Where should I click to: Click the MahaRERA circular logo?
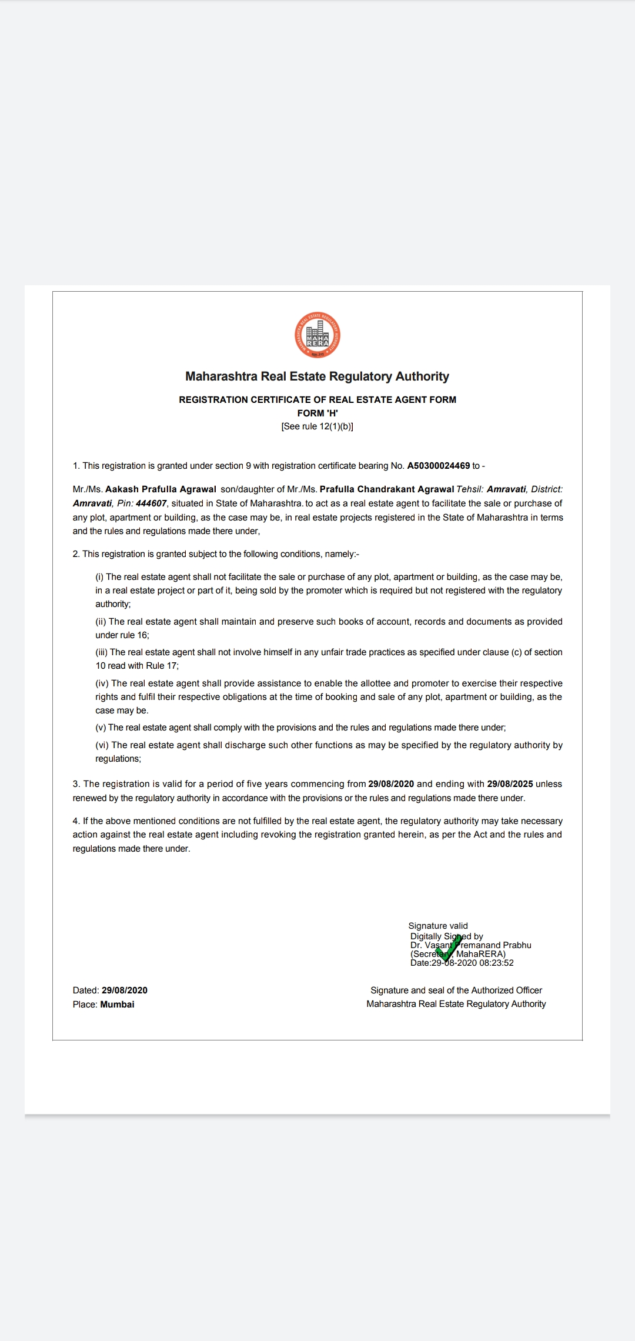point(317,335)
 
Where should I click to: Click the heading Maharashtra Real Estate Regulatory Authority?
point(317,376)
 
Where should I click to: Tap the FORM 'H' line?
point(317,413)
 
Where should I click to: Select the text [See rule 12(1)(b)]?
point(317,426)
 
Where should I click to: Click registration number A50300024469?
point(439,466)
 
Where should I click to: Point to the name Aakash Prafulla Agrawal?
point(161,489)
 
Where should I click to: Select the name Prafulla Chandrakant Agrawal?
point(387,489)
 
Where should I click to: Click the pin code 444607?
point(151,503)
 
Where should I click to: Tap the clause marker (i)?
point(99,577)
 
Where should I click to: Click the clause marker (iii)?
point(101,652)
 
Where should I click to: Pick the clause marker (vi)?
point(102,745)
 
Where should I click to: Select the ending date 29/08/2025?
point(510,784)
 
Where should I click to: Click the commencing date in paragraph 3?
point(391,784)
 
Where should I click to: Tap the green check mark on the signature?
point(448,946)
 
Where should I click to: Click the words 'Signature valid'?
point(438,926)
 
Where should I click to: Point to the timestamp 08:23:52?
point(496,963)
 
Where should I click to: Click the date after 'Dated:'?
point(125,990)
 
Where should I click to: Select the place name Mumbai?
point(117,1005)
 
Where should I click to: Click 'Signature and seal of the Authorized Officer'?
point(456,990)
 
